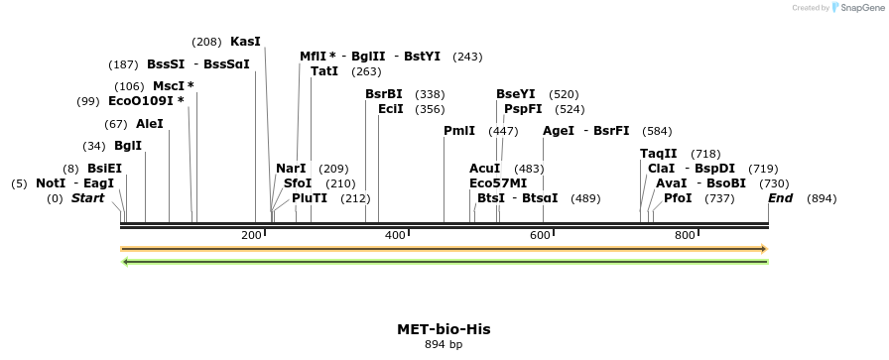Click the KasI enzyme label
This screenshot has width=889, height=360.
click(x=245, y=42)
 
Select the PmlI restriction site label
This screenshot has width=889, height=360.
click(x=459, y=131)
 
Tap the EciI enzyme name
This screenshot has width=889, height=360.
click(x=391, y=109)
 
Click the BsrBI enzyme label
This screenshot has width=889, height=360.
click(x=384, y=94)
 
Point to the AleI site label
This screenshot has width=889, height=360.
click(x=149, y=124)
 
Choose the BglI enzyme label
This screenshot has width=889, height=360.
click(x=128, y=146)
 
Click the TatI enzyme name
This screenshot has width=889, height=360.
click(x=324, y=71)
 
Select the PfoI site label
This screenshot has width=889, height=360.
click(x=678, y=198)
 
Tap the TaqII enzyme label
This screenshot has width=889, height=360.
click(x=659, y=154)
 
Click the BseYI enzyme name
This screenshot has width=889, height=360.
click(x=516, y=94)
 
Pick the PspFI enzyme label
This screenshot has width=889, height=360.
click(x=523, y=109)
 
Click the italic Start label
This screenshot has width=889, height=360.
click(x=87, y=198)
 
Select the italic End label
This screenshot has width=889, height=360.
click(x=781, y=198)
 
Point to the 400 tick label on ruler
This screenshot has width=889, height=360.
click(x=395, y=235)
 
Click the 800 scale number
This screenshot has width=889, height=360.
click(x=685, y=235)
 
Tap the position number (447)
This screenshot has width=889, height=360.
click(x=503, y=131)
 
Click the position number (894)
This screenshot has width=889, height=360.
click(x=822, y=198)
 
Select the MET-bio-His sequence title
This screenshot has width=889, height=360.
click(x=444, y=329)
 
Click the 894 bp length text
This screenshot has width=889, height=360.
click(x=444, y=344)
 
